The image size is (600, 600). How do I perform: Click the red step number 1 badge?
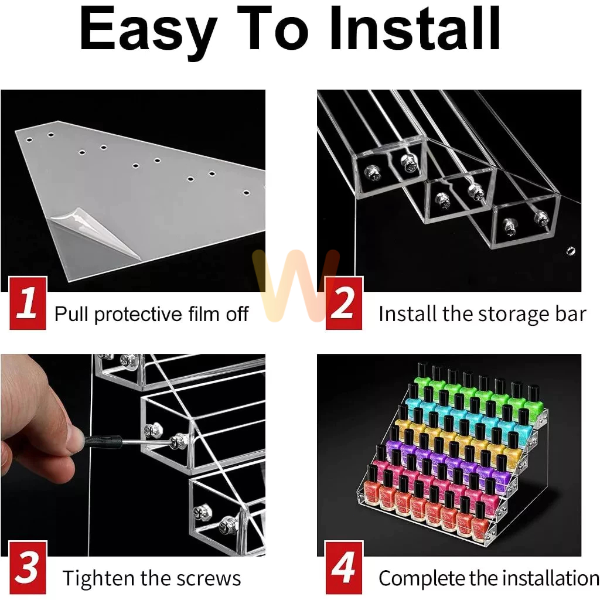(28, 303)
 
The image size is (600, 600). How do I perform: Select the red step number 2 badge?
(343, 303)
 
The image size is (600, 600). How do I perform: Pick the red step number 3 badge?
(28, 567)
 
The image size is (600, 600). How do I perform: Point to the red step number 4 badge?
(343, 567)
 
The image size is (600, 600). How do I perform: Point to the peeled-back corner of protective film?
(96, 233)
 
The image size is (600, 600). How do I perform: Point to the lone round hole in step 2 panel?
(571, 251)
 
